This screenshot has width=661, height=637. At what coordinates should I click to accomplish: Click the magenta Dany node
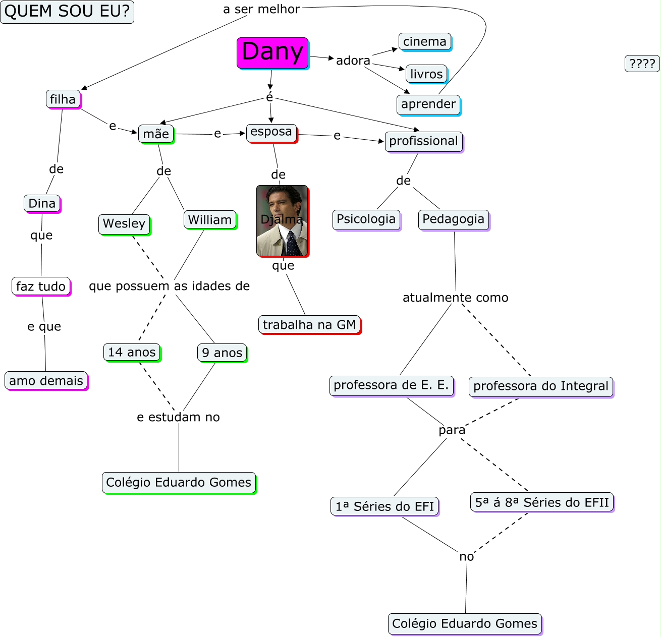(272, 52)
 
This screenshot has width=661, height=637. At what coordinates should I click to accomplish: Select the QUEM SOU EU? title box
(67, 12)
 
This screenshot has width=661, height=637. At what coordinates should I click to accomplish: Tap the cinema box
(425, 42)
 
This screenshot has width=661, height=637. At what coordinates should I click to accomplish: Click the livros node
(426, 74)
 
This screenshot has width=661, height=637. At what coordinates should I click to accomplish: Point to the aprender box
(428, 104)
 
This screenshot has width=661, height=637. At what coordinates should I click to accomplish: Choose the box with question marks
(642, 64)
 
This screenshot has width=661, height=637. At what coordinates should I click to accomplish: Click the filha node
(63, 99)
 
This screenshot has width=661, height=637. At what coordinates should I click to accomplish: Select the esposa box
(271, 132)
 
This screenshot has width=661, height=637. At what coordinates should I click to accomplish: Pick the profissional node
(423, 141)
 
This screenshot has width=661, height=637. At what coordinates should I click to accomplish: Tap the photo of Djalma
(282, 220)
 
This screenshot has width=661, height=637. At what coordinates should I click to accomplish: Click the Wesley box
(124, 223)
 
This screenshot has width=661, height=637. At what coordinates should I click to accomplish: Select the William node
(210, 220)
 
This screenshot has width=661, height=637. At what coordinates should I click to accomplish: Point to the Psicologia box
(366, 219)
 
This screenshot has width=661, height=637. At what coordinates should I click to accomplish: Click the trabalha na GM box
(309, 325)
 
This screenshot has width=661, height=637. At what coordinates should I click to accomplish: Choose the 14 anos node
(132, 353)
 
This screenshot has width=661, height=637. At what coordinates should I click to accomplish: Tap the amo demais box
(46, 381)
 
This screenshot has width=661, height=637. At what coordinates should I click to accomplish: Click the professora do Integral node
(541, 386)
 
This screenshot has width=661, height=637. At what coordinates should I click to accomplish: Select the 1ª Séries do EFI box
(385, 506)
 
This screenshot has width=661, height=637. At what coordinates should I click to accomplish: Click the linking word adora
(353, 61)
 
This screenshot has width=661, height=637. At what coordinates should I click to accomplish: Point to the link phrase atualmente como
(455, 298)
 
